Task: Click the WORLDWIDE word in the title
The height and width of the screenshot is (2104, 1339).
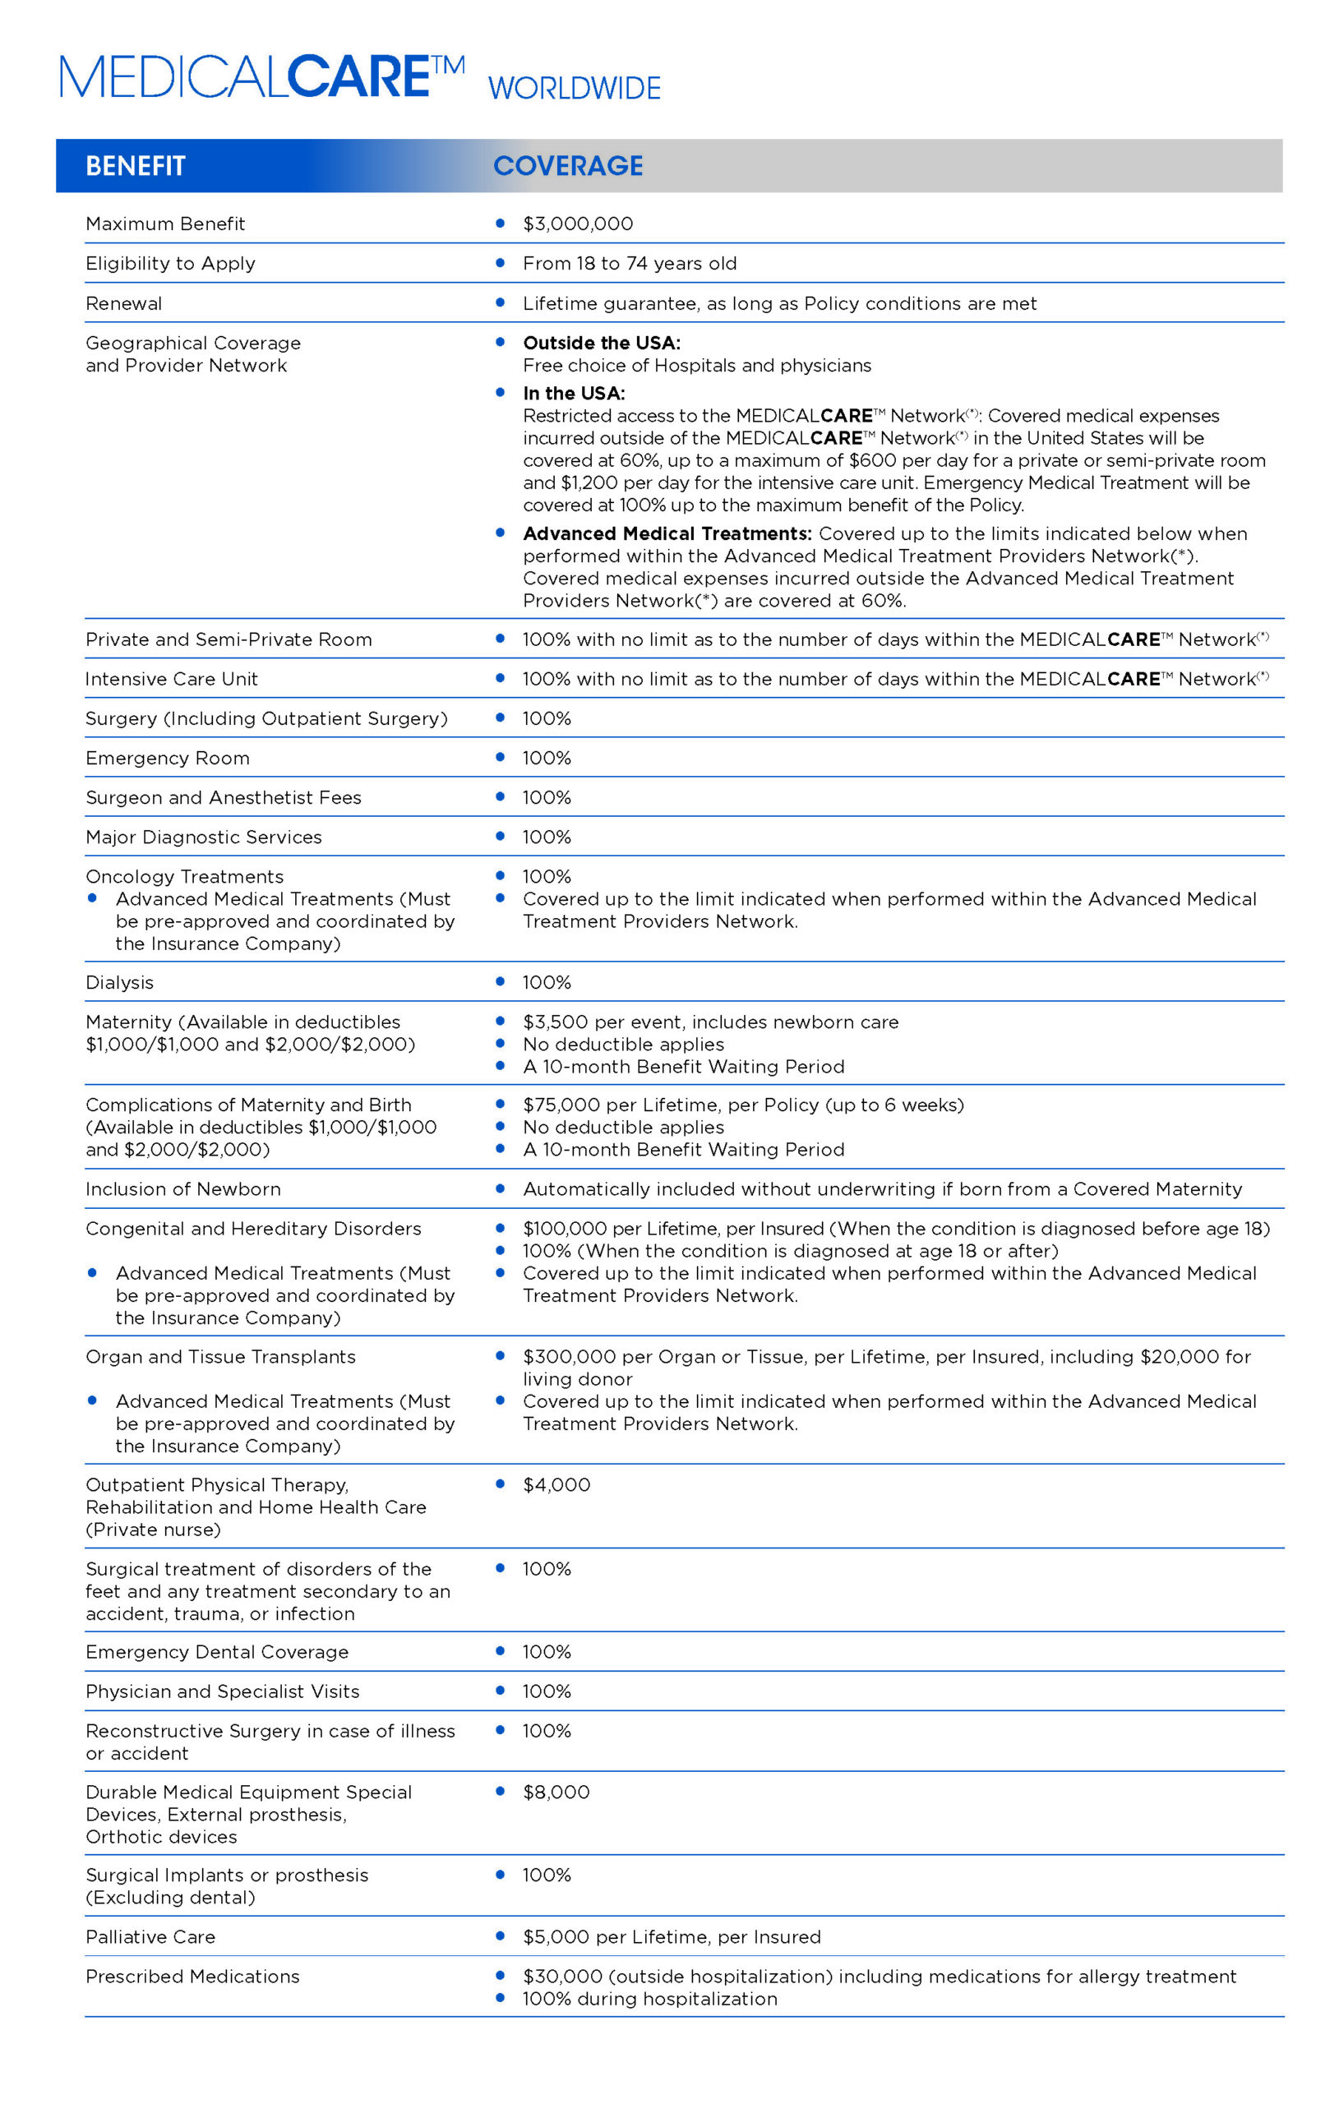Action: [x=574, y=88]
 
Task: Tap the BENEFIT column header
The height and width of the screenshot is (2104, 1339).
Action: [x=136, y=166]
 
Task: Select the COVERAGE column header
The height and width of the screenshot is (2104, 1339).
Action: [x=568, y=166]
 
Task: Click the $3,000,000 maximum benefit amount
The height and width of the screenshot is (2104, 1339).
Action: [x=578, y=224]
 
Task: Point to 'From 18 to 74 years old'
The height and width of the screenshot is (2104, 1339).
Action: [x=630, y=263]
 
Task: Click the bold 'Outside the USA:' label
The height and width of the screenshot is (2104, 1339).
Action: [x=602, y=343]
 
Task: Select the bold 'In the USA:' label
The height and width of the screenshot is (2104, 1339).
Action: [x=574, y=393]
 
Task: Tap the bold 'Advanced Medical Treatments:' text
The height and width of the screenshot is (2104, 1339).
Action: [x=667, y=533]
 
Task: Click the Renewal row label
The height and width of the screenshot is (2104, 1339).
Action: [x=123, y=303]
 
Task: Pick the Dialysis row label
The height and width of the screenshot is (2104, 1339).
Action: [x=119, y=982]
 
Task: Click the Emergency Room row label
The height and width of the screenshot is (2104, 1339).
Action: [x=167, y=758]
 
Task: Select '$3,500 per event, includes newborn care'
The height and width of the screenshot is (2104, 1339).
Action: [x=709, y=1022]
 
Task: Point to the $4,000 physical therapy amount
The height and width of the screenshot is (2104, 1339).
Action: [x=556, y=1484]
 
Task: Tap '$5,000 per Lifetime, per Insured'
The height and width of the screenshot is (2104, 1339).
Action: [x=672, y=1937]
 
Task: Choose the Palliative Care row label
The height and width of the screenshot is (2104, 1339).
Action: [x=150, y=1937]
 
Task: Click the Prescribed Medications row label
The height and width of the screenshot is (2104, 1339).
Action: [x=192, y=1977]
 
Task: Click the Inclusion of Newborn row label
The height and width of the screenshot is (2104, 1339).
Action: [x=182, y=1189]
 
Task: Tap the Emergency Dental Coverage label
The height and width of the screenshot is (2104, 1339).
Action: [x=217, y=1651]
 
